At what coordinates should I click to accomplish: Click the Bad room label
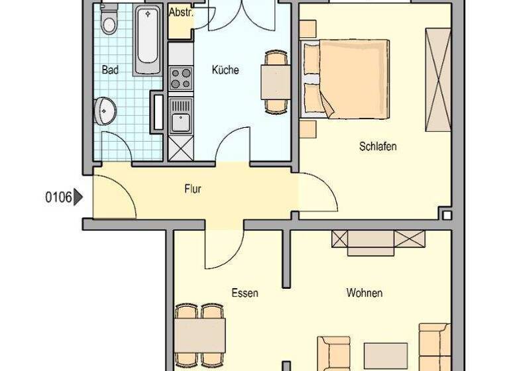point(110,70)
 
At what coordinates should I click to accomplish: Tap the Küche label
point(225,70)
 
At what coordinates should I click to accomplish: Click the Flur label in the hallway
point(192,189)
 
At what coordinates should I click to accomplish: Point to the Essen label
point(245,293)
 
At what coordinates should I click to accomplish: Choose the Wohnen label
point(364,293)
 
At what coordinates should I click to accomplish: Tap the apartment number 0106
point(58,197)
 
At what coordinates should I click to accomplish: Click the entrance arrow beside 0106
point(79,197)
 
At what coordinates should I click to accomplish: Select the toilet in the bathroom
point(109,21)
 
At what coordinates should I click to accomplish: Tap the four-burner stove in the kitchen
point(180,78)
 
